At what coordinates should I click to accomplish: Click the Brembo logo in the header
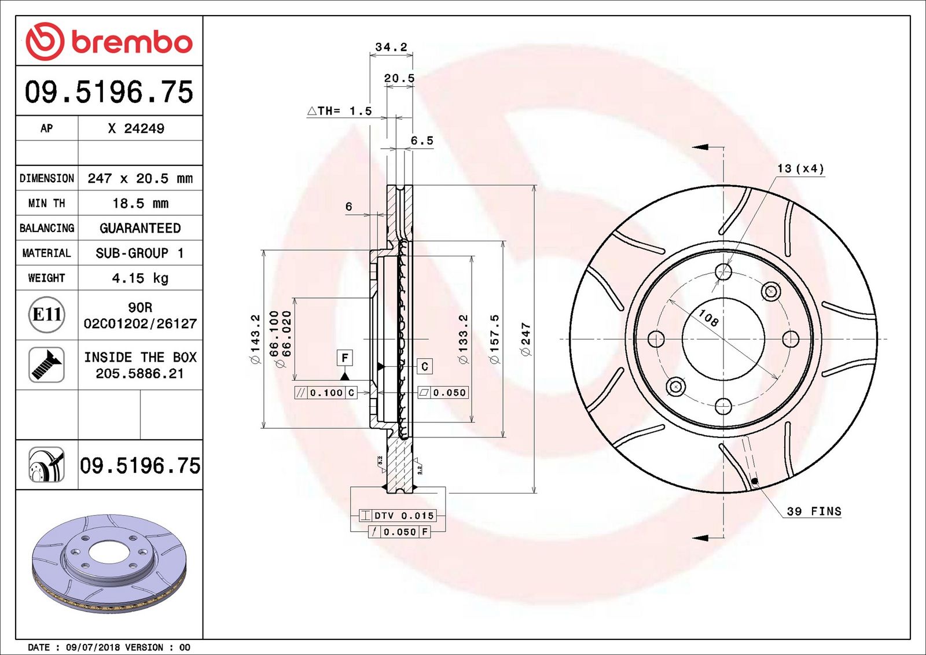point(109,41)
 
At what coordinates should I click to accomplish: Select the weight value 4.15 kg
point(140,278)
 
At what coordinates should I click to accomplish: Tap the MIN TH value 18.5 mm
point(141,203)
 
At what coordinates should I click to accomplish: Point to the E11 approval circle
point(47,315)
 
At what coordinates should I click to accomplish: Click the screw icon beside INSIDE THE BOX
point(46,365)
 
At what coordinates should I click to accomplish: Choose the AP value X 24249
point(136,128)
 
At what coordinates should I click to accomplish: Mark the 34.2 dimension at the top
point(391,47)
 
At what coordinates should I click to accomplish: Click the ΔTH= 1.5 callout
point(339,111)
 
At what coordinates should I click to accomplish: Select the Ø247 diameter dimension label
point(526,339)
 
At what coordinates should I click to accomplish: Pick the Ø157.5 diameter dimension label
point(494,339)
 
